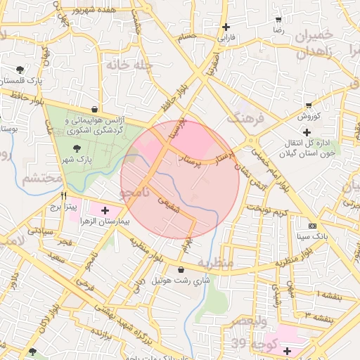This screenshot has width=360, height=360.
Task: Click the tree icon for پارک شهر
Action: point(77,148)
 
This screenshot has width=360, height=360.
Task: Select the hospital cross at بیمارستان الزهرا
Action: point(105,210)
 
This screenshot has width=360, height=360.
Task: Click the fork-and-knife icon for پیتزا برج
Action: point(64,195)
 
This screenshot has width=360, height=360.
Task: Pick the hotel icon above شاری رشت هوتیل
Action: point(181,269)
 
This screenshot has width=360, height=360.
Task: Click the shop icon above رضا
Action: point(279,20)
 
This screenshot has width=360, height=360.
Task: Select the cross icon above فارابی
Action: point(226,27)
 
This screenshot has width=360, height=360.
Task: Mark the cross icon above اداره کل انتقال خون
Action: point(307,132)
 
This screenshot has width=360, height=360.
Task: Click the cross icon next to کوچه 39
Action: point(287,350)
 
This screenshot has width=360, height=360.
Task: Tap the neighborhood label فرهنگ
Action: point(249,117)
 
